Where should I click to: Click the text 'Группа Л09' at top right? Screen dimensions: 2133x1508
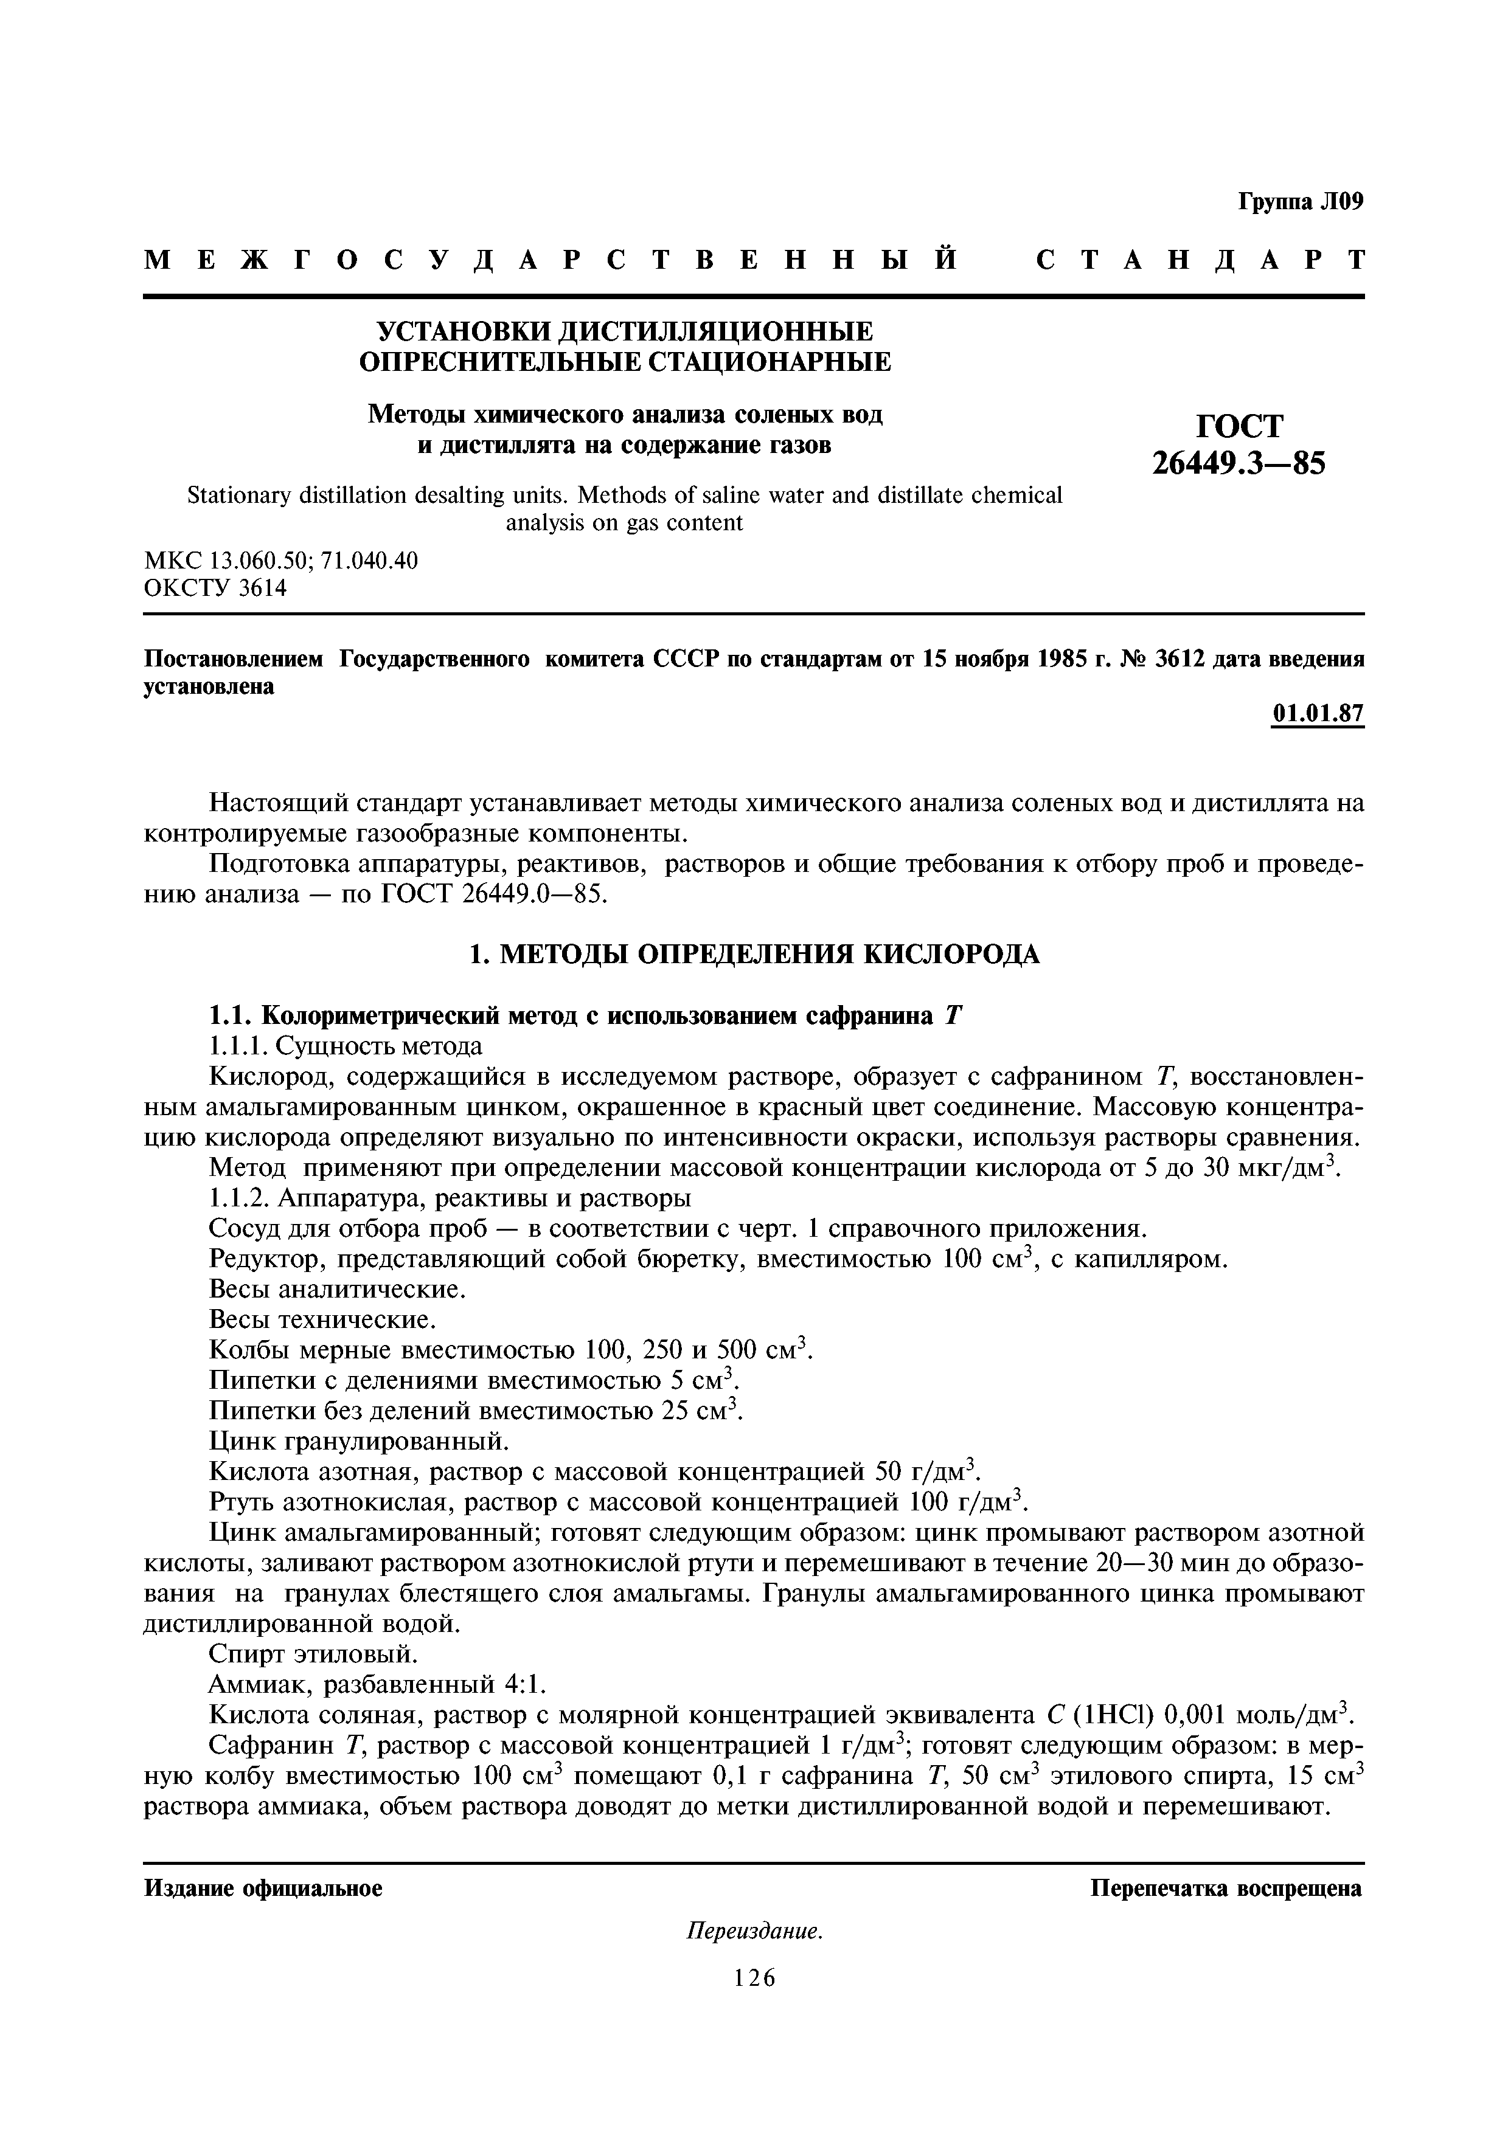point(1300,202)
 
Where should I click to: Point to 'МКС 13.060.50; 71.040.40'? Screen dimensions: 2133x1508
point(280,560)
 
